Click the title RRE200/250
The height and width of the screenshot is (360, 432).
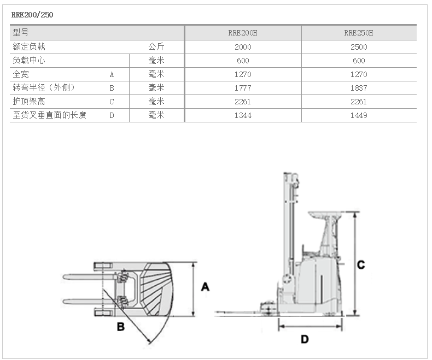coord(32,15)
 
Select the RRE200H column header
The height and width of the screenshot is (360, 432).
coord(243,33)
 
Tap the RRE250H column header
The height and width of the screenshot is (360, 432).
coord(359,33)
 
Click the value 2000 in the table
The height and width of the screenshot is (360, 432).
coord(243,47)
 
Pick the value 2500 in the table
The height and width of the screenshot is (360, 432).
coord(359,47)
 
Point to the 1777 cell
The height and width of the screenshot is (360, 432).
coord(243,88)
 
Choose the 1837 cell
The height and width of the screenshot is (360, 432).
coord(359,88)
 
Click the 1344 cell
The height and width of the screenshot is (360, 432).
coord(243,115)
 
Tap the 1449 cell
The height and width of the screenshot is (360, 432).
coord(359,115)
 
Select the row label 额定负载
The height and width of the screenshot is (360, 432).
coord(29,47)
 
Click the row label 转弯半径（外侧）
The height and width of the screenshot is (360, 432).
coord(43,88)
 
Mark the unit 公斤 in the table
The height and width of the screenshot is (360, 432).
coord(156,47)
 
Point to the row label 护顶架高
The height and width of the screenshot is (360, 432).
coord(29,102)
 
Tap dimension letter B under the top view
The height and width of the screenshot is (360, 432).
coord(121,327)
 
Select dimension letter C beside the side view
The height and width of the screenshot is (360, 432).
coord(361,265)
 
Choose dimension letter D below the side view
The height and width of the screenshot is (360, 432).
coord(305,339)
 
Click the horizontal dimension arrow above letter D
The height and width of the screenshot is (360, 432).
coord(311,326)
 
